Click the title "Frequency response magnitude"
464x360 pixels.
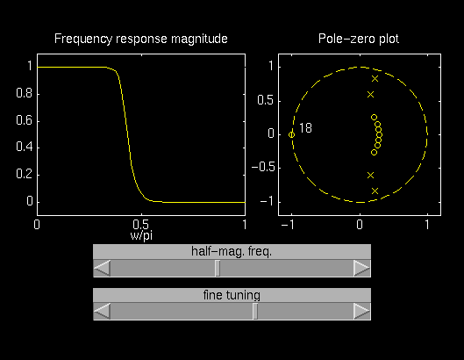[x=141, y=40]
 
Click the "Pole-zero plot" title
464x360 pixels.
[x=359, y=39]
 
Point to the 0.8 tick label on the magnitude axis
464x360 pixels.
[x=25, y=93]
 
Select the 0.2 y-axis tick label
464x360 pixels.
[x=25, y=174]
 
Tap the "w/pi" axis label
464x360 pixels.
[x=141, y=235]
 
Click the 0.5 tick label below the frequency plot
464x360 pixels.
[x=141, y=225]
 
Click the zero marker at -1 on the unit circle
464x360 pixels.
[x=291, y=135]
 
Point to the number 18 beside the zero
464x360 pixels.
[x=305, y=128]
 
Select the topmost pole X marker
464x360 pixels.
[x=375, y=78]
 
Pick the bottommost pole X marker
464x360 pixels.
[x=375, y=191]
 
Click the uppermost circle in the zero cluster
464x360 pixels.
[x=374, y=118]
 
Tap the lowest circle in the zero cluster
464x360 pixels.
[x=374, y=152]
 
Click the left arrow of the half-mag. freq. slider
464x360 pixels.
[x=102, y=269]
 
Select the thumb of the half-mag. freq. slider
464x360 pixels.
[x=218, y=269]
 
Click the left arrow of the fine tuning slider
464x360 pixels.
[x=102, y=312]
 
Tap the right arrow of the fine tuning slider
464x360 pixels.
[x=362, y=312]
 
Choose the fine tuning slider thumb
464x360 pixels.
[x=255, y=312]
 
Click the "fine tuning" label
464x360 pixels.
[x=232, y=295]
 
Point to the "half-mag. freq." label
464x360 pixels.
[x=232, y=252]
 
